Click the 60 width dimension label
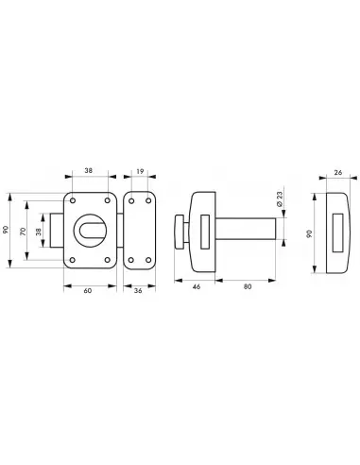point(88,290)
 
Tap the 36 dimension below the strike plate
point(138,290)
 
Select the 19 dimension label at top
point(140,171)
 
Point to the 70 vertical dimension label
point(23,232)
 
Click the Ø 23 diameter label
point(280,198)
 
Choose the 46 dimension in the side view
point(197,286)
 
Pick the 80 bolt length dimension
point(248,286)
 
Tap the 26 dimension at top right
point(338,173)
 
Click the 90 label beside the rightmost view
point(309,233)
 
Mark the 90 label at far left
point(6,230)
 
